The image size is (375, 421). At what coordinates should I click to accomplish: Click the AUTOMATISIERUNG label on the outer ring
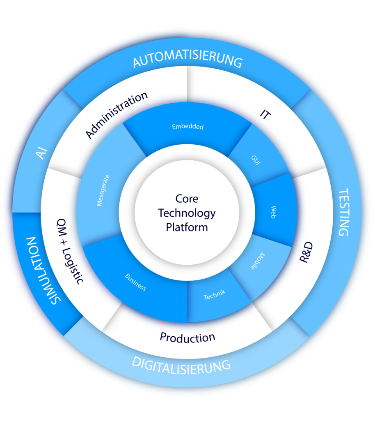point(187,60)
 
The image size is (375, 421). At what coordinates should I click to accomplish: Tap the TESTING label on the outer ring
point(344,212)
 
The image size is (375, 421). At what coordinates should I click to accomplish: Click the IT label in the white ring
point(265,114)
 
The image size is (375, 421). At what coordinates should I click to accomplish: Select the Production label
point(187,338)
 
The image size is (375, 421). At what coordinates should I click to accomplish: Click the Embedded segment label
point(187,127)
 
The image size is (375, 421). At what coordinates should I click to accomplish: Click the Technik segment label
point(215,294)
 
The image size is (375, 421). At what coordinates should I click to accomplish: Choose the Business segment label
point(135,282)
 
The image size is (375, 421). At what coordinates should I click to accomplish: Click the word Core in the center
point(187,199)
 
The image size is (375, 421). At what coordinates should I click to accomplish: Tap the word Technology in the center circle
point(187,213)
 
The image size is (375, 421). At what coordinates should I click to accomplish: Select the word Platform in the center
point(187,227)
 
